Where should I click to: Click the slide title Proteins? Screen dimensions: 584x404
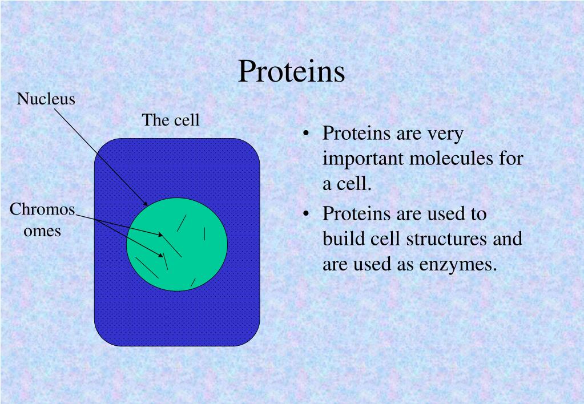pyautogui.click(x=291, y=71)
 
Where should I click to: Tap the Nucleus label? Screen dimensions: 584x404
pyautogui.click(x=46, y=99)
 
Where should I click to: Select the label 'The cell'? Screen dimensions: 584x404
pyautogui.click(x=171, y=120)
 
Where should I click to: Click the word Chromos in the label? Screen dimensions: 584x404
pyautogui.click(x=42, y=209)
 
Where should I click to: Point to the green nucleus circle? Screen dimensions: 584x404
pyautogui.click(x=177, y=244)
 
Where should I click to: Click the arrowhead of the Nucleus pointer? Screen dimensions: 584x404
pyautogui.click(x=145, y=203)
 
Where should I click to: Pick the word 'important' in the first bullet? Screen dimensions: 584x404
pyautogui.click(x=363, y=159)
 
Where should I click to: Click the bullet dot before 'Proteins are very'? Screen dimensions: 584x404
pyautogui.click(x=306, y=134)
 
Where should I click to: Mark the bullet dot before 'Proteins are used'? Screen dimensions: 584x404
pyautogui.click(x=306, y=214)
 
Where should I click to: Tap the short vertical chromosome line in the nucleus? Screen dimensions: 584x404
pyautogui.click(x=204, y=233)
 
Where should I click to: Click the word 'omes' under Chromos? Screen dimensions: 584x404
pyautogui.click(x=42, y=232)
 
